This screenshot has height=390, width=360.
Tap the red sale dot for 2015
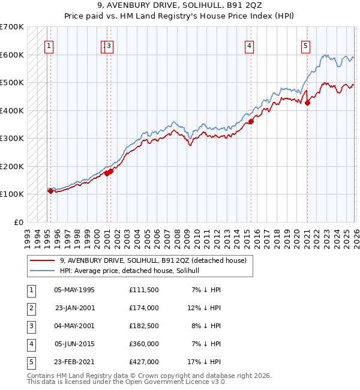tap(251, 122)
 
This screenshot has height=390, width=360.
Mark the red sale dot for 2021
tap(308, 103)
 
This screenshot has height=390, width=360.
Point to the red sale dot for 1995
tap(50, 191)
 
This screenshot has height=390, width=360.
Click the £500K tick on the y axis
tap(12, 83)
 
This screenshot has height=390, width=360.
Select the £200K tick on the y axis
tap(12, 166)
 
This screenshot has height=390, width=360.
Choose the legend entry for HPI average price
tap(133, 271)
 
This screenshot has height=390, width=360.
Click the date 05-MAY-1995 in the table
tap(74, 290)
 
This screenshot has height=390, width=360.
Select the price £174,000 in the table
tap(144, 308)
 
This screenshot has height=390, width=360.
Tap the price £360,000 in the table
tap(144, 344)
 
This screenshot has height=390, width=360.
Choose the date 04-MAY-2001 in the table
tap(74, 326)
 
